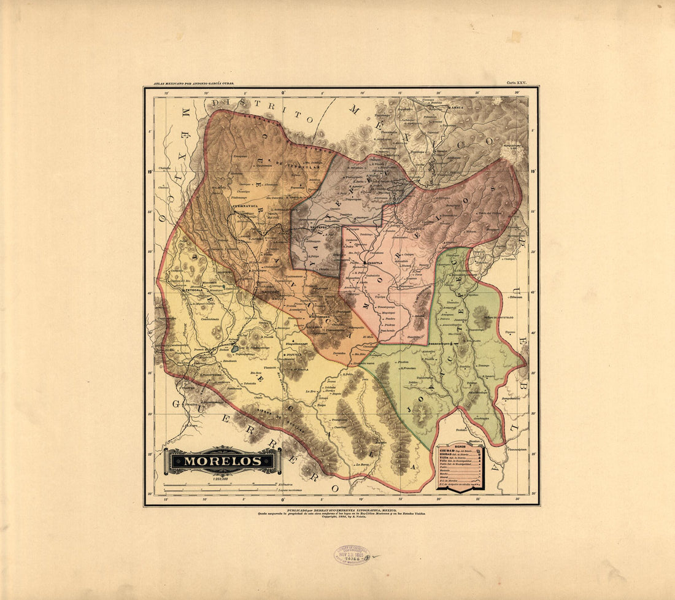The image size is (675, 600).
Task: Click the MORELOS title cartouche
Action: (223, 460)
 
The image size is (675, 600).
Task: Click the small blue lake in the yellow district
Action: (236, 352)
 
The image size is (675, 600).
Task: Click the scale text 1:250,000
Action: (222, 479)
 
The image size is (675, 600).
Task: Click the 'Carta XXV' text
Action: (516, 82)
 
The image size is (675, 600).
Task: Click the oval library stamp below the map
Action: (352, 555)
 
